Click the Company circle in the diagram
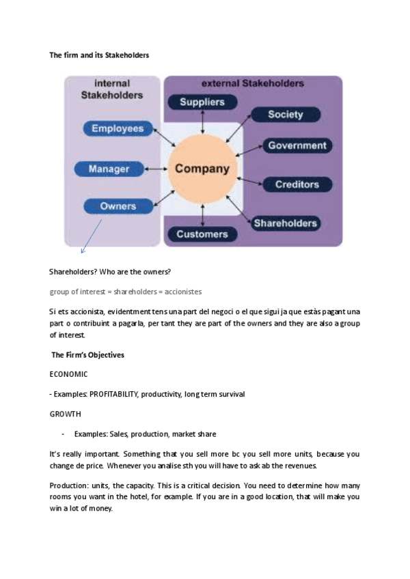(x=202, y=168)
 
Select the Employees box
(x=118, y=128)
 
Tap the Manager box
(x=109, y=168)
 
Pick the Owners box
(x=118, y=206)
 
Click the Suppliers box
(x=202, y=102)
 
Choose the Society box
(x=285, y=115)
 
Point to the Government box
(x=297, y=145)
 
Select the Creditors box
(x=297, y=184)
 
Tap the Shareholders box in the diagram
(x=285, y=223)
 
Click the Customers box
(x=202, y=234)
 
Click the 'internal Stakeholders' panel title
(x=112, y=90)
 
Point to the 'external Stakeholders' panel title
(x=253, y=83)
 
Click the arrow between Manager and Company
(x=158, y=168)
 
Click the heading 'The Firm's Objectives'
(x=87, y=356)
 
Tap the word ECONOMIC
(x=68, y=375)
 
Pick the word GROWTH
(x=65, y=414)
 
